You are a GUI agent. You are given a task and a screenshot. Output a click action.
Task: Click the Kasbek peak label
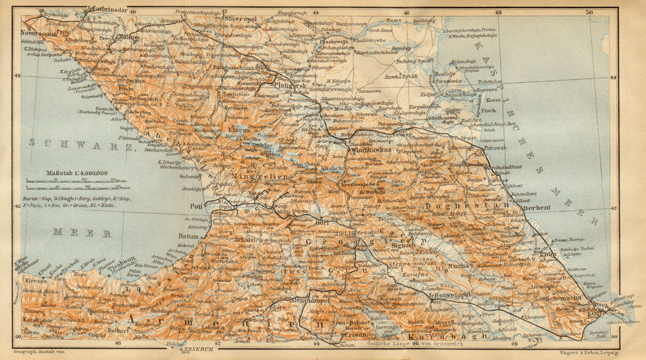click(336, 167)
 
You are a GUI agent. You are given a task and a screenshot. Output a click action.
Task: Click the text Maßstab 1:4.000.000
click(77, 173)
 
